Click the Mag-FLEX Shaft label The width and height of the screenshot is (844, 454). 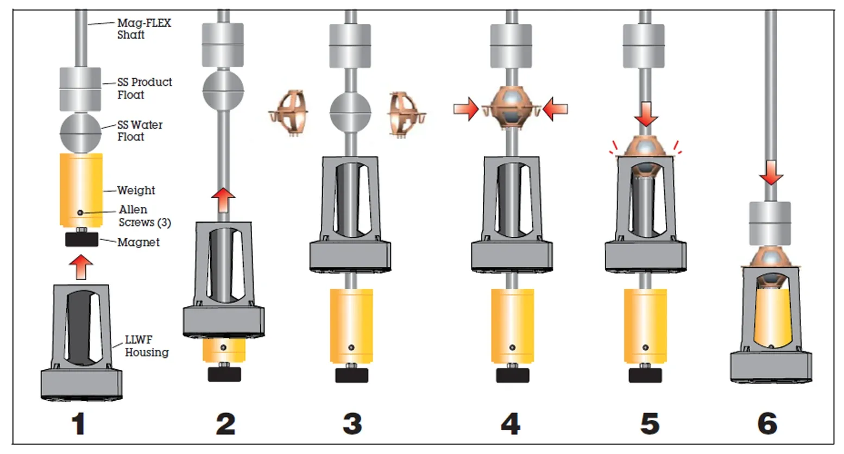[x=144, y=29]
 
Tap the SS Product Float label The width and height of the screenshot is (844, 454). [x=144, y=88]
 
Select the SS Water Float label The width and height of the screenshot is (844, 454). [x=140, y=130]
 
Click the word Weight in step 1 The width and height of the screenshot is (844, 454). [x=136, y=190]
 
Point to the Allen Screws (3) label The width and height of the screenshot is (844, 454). [x=144, y=216]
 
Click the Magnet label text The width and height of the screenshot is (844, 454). [x=138, y=242]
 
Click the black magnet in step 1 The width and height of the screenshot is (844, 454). [x=81, y=239]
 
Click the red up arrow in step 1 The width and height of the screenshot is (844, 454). [x=81, y=268]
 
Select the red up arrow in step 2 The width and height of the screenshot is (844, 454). [x=223, y=200]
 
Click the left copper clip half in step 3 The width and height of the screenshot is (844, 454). [x=288, y=112]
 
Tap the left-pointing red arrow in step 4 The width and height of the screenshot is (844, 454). [x=555, y=109]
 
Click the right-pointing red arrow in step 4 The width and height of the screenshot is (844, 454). [x=466, y=109]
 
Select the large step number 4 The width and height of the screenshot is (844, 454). [x=510, y=424]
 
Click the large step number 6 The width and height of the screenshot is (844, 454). [x=767, y=424]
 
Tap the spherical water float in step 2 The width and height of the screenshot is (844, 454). [x=223, y=91]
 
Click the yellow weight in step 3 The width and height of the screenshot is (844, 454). [x=351, y=325]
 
